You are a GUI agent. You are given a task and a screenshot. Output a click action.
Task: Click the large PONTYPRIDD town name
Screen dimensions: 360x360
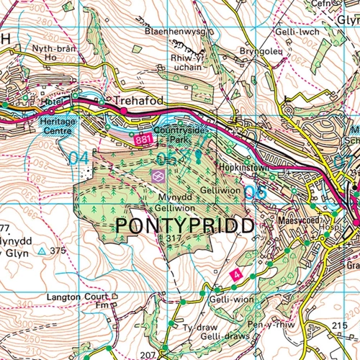tap(185, 225)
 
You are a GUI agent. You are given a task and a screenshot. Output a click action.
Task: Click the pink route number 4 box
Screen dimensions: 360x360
tap(235, 274)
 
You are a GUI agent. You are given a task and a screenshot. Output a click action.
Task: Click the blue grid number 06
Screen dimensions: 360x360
tap(255, 192)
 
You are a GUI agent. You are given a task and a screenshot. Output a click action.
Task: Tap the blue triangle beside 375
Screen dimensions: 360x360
tap(41, 251)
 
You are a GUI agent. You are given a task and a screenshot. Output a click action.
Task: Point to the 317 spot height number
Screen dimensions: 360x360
tap(171, 238)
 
